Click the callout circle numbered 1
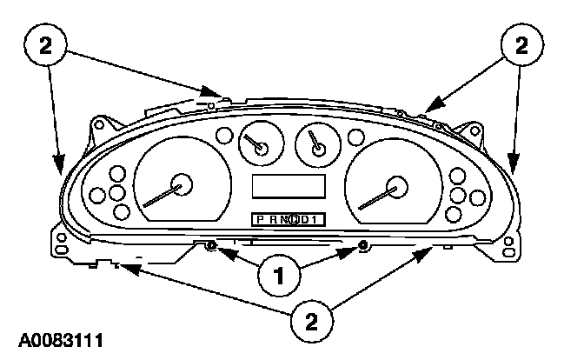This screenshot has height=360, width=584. pyautogui.click(x=279, y=277)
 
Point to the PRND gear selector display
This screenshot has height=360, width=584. pyautogui.click(x=289, y=219)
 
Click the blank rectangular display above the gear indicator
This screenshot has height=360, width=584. pyautogui.click(x=289, y=185)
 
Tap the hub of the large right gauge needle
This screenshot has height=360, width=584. pyautogui.click(x=399, y=185)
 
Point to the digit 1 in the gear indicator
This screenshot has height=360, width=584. pyautogui.click(x=316, y=219)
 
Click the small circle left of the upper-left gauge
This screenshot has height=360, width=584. pyautogui.click(x=224, y=136)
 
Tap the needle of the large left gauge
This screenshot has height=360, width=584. pyautogui.click(x=161, y=196)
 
